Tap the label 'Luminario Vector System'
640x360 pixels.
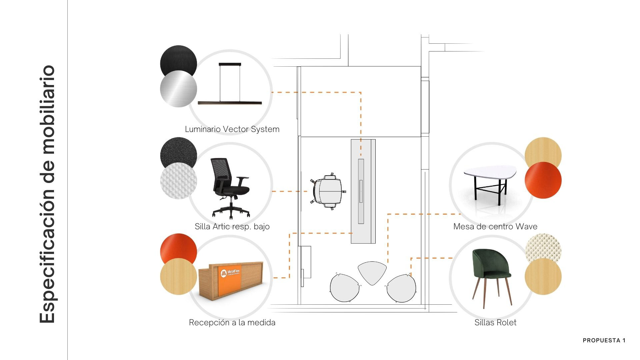click(x=232, y=129)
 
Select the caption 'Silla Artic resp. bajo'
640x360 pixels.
click(x=232, y=227)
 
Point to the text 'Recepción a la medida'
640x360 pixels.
click(x=232, y=323)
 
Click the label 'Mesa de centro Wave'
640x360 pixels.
click(x=495, y=227)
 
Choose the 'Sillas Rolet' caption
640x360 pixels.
click(x=495, y=323)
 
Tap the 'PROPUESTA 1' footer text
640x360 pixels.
click(x=604, y=340)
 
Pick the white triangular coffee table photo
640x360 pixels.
click(x=490, y=182)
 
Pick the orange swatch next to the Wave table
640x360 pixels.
click(x=543, y=180)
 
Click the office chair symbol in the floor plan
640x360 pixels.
click(x=328, y=191)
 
